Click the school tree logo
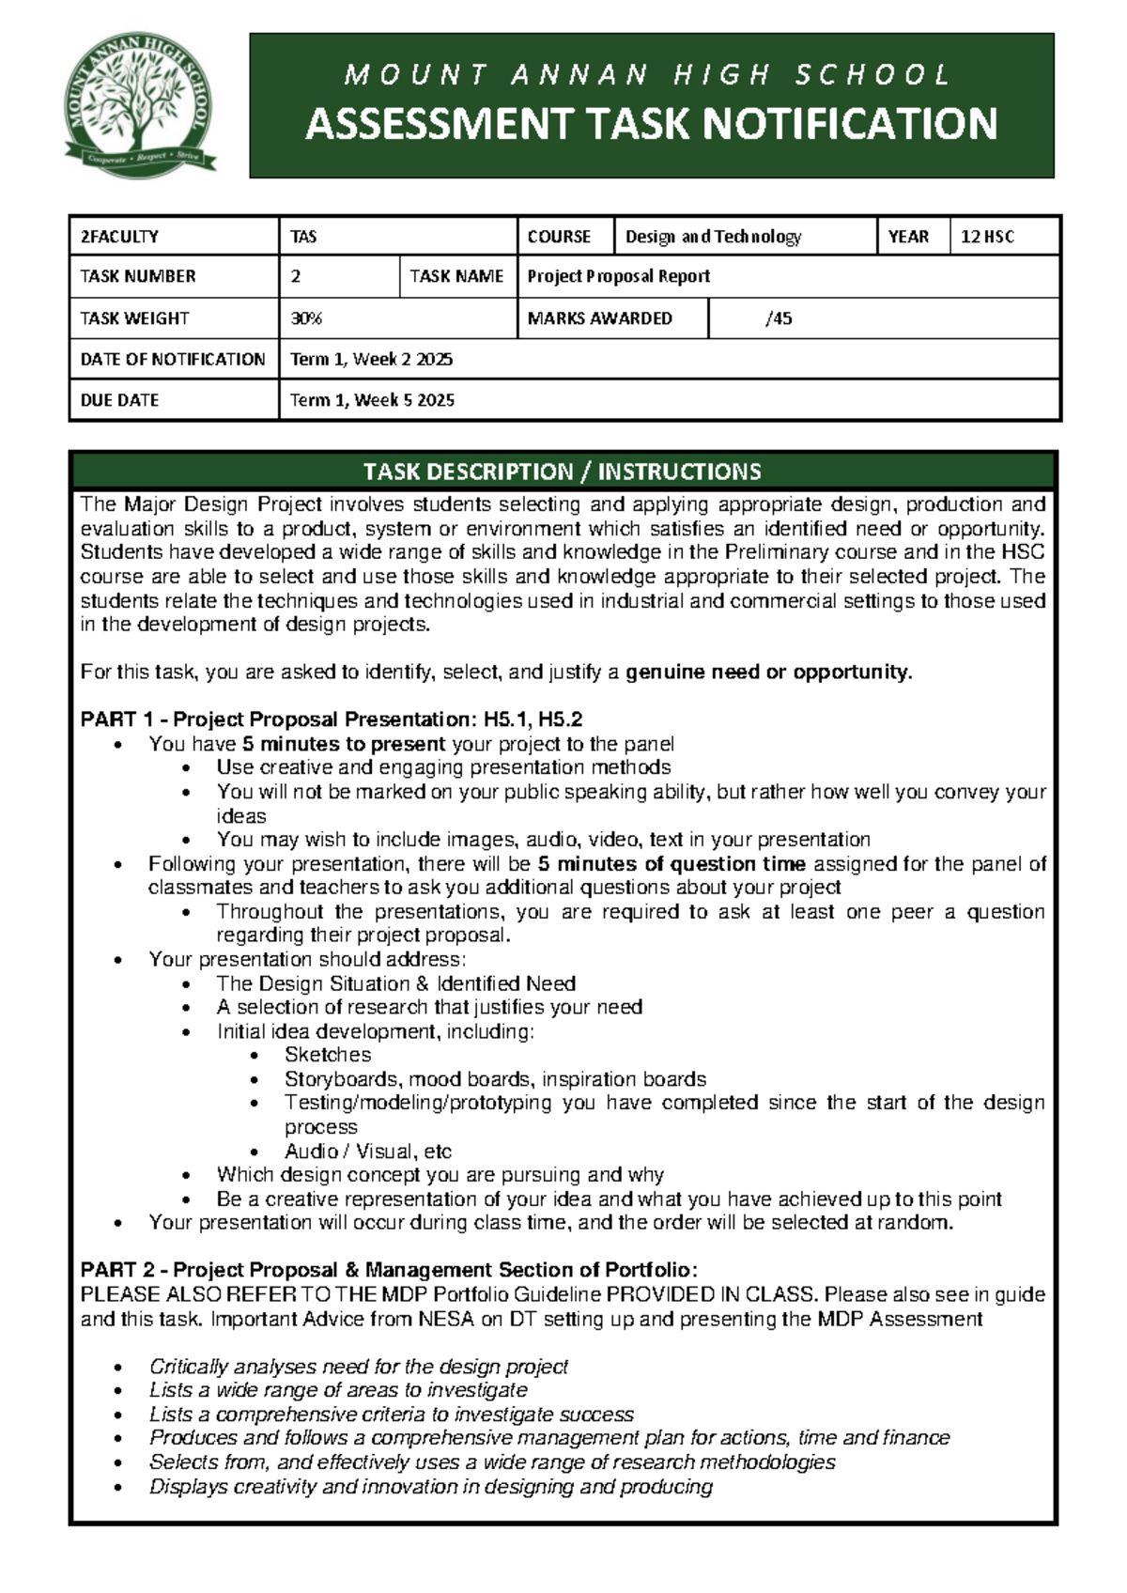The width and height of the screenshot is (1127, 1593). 139,105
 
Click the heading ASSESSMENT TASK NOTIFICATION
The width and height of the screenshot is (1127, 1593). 651,125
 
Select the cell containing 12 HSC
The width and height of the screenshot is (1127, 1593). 987,237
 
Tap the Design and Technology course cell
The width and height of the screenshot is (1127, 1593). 713,237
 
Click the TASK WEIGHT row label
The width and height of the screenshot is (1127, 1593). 134,318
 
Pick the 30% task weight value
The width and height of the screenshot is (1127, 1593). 306,318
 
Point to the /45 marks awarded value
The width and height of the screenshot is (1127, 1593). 779,318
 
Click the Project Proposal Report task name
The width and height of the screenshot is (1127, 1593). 618,276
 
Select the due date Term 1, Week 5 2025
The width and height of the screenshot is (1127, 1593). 372,400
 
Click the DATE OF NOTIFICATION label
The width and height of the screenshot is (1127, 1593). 173,359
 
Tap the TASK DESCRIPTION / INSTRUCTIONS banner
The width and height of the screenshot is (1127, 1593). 563,471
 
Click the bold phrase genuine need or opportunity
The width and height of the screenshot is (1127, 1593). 768,672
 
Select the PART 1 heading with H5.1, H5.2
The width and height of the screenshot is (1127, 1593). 332,719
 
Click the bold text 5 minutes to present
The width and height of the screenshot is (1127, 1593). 344,744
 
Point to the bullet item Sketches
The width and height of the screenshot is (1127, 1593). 328,1055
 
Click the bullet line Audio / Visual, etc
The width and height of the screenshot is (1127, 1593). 368,1151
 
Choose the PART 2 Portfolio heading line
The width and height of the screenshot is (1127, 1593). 389,1270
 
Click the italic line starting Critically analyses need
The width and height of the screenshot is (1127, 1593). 359,1366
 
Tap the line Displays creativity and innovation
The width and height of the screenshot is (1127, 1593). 430,1486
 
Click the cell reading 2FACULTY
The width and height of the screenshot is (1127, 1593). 119,237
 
